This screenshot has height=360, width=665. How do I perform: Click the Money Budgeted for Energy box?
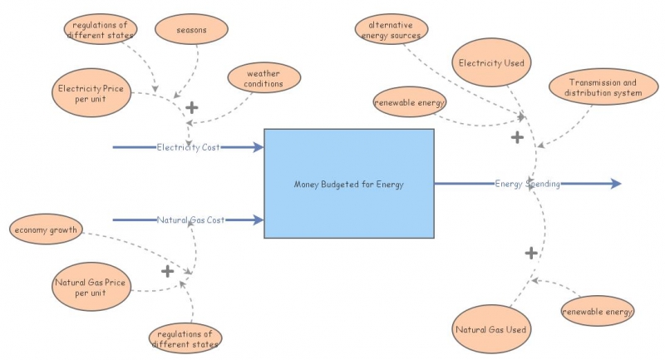[x=349, y=184]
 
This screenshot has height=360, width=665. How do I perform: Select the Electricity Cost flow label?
[x=188, y=147]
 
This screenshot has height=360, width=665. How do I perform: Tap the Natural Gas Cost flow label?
[x=191, y=220]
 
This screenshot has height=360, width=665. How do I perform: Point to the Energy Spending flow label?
[x=527, y=184]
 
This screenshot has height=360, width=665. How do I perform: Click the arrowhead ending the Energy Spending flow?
[x=615, y=184]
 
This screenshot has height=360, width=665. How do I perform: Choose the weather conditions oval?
[x=264, y=78]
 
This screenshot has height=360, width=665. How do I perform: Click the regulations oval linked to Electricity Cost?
[x=100, y=30]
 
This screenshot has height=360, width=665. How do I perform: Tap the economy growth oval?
[x=46, y=229]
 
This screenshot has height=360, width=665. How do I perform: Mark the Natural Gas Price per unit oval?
[x=91, y=287]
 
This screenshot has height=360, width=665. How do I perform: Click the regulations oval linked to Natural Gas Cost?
[x=186, y=338]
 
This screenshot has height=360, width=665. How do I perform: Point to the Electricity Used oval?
[x=490, y=62]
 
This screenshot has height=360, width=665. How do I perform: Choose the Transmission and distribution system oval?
[x=604, y=87]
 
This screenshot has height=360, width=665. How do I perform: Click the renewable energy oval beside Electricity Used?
[x=410, y=102]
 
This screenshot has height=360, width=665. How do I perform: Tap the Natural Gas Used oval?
[x=490, y=329]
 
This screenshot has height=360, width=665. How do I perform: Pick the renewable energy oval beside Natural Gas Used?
[x=598, y=312]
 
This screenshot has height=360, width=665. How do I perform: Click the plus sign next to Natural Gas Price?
[x=167, y=271]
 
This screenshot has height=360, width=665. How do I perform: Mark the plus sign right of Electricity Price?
[x=192, y=107]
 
